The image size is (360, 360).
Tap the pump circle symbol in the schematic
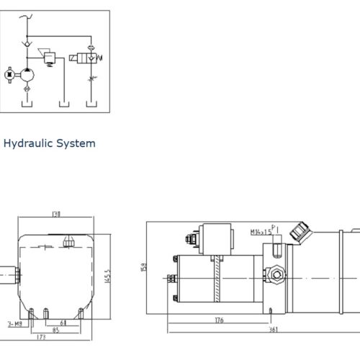pos(28,73)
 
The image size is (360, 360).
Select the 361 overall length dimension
pos(274,330)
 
